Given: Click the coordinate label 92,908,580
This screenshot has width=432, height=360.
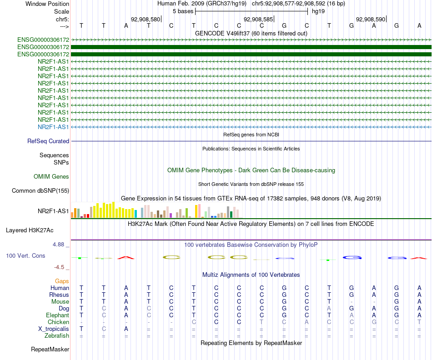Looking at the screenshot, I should [x=146, y=20].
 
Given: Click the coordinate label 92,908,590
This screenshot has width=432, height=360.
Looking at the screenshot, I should [x=371, y=20].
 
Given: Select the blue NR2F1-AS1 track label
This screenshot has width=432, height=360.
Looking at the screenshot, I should [x=53, y=127].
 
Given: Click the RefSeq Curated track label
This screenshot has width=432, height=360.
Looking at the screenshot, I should [x=48, y=141].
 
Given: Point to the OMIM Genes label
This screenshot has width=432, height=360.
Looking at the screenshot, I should [x=51, y=176].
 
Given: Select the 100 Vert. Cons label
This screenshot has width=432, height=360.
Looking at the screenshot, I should [x=25, y=256].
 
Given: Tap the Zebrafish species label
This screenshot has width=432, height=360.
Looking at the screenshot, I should [x=57, y=336].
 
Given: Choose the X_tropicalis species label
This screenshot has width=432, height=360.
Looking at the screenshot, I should [x=54, y=329].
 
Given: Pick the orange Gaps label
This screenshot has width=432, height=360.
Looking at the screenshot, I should [x=62, y=281].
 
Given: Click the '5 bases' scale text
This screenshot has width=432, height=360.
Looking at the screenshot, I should [x=183, y=11].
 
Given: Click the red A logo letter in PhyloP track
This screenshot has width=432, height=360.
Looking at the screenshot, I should [x=126, y=258].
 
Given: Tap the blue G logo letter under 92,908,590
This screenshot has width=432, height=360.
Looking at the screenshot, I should [x=352, y=258].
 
